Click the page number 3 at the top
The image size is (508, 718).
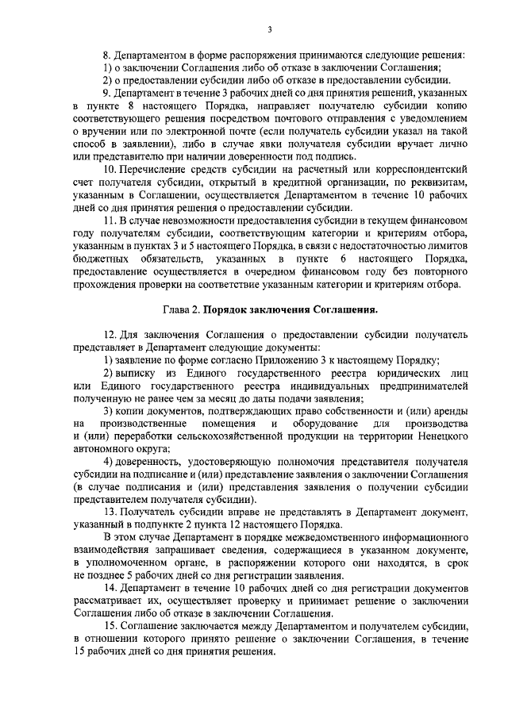point(269,30)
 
